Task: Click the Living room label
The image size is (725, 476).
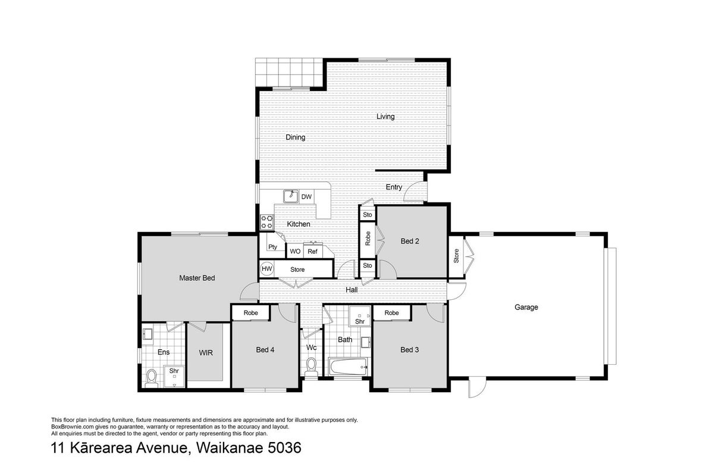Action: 385,117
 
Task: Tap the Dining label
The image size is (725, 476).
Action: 295,137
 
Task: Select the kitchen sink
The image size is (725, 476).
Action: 291,196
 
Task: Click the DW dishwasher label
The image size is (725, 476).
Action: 306,197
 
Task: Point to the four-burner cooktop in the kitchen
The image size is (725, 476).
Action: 267,222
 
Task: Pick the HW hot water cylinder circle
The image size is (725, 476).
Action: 266,269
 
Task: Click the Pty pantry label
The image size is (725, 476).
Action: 272,247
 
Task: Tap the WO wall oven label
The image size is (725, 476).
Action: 295,251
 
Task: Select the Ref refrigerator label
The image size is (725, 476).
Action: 312,252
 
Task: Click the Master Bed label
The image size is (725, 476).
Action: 197,278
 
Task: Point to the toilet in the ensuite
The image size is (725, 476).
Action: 151,378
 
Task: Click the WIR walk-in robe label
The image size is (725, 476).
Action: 206,353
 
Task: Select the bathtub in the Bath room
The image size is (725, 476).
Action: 349,367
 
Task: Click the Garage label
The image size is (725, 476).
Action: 526,307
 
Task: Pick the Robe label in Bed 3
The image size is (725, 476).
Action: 391,313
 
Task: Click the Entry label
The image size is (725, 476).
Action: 394,187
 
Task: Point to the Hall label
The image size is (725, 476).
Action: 351,290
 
